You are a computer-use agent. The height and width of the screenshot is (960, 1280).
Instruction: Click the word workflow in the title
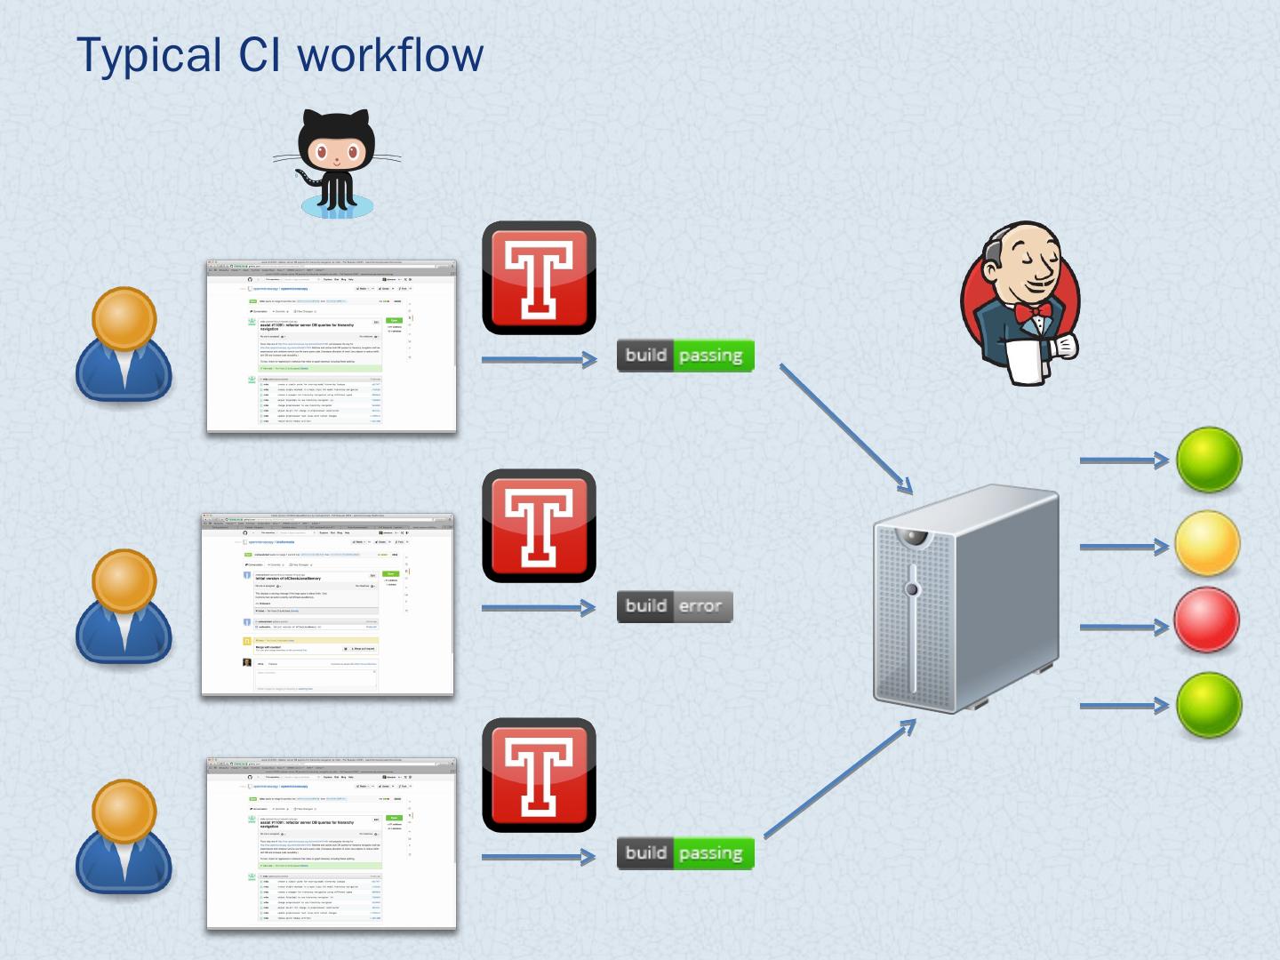tap(390, 54)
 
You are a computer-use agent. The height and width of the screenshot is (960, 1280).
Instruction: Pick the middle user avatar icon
tap(124, 606)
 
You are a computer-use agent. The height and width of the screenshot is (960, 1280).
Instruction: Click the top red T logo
tap(539, 277)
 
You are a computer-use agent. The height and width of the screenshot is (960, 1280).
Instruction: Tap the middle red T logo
tap(539, 525)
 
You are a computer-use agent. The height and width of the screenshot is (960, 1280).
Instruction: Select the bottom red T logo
tap(539, 774)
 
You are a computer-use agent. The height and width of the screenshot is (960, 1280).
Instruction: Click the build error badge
tap(675, 606)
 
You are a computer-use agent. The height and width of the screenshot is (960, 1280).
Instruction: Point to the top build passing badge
tap(685, 356)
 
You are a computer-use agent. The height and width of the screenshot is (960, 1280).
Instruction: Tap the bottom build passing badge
tap(685, 853)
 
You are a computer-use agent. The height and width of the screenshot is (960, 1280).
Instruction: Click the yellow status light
tap(1208, 544)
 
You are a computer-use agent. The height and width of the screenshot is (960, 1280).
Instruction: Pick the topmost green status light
tap(1209, 460)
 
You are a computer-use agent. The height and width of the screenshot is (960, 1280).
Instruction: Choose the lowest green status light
tap(1209, 705)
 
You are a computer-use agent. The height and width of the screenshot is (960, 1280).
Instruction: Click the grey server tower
tap(964, 600)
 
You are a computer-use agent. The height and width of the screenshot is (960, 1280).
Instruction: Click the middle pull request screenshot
tap(327, 604)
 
